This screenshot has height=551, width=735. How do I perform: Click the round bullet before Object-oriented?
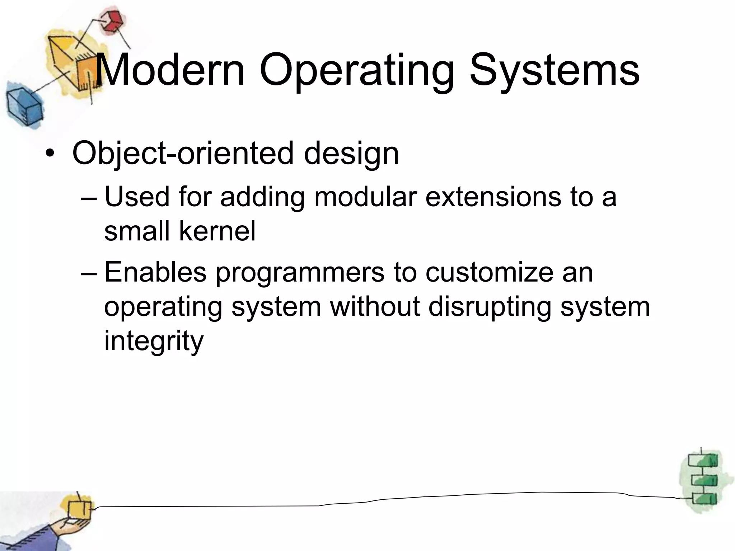coord(50,154)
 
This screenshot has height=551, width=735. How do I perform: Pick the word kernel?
coord(217,231)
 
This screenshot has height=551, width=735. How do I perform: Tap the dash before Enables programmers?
coord(89,273)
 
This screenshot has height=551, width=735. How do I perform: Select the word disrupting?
coord(489,307)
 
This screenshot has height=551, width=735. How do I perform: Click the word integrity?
coord(154,342)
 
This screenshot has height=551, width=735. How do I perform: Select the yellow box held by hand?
coord(80,509)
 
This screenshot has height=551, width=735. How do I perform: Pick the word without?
coord(375,307)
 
